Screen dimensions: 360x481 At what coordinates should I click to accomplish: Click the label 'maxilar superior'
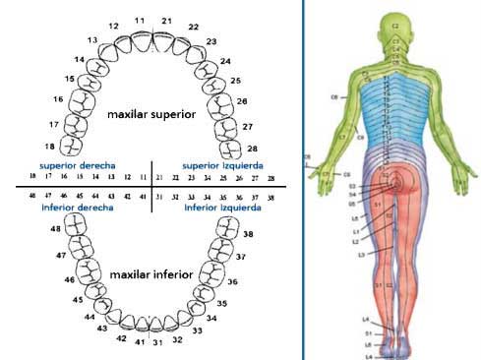coord(152,114)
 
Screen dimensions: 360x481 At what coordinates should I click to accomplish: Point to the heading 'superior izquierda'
coord(217,165)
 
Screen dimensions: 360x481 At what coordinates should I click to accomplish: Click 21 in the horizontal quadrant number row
coord(160,178)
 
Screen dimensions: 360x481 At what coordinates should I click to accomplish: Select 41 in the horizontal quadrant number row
coord(144,197)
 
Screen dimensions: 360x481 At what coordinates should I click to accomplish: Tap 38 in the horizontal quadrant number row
coord(271,197)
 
